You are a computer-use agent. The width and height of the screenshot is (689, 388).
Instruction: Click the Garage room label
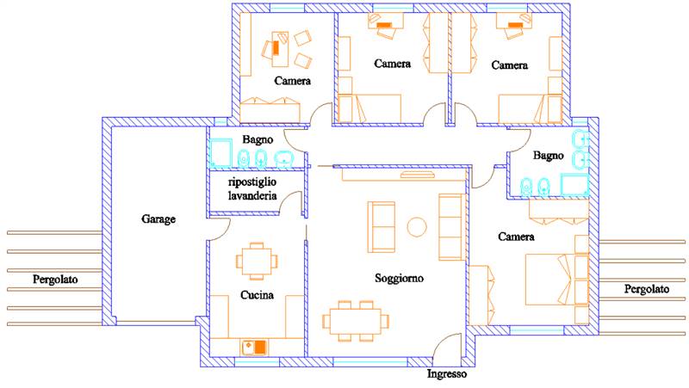pos(158,219)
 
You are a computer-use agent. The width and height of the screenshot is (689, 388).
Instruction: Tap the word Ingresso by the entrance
pos(447,374)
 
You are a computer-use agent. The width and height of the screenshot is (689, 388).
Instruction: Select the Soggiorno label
pos(399,278)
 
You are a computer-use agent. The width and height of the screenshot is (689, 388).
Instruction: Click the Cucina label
pos(257,295)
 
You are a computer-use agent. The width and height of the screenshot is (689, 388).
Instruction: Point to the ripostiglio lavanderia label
pos(252,188)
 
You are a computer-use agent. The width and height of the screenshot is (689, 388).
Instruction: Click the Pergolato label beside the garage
pos(55,279)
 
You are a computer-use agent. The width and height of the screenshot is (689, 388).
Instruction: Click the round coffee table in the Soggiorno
pos(417,227)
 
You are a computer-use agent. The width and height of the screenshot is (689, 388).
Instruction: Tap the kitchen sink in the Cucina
pos(253,348)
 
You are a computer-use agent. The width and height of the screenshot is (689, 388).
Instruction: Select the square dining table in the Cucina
pos(257,262)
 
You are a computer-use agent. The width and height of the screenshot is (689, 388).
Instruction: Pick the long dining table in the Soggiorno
pos(356,321)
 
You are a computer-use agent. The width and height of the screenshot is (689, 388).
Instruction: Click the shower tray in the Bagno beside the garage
pos(220,153)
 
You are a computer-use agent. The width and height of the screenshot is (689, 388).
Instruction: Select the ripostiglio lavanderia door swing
pos(291,203)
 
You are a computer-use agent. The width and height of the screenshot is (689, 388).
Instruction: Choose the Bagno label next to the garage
pos(258,139)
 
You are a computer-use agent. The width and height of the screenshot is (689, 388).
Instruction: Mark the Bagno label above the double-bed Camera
pos(548,156)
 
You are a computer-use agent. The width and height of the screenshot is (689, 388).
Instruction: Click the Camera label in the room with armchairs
pos(292,81)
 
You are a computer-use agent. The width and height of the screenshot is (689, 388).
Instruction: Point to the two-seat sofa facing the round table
pos(382,227)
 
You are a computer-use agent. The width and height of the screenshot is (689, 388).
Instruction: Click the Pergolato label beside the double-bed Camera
pos(647,289)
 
